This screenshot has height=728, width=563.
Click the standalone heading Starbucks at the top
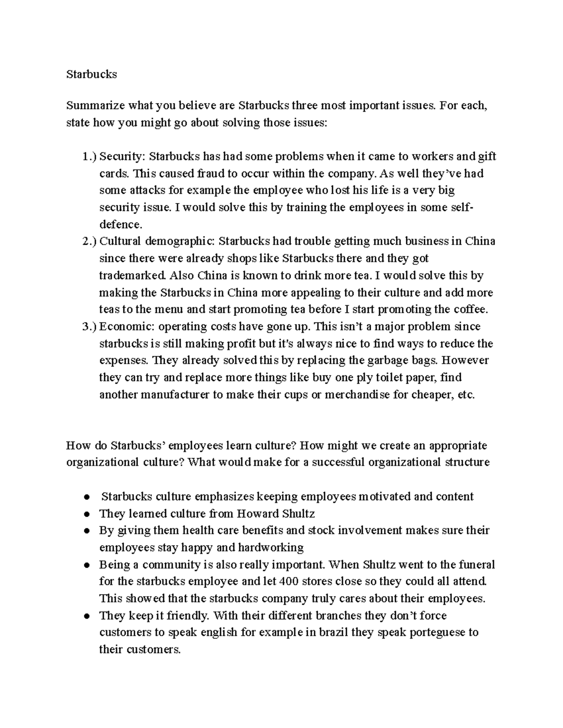(91, 74)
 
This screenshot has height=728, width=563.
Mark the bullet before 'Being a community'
(87, 565)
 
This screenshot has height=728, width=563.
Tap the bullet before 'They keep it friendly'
(87, 616)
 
